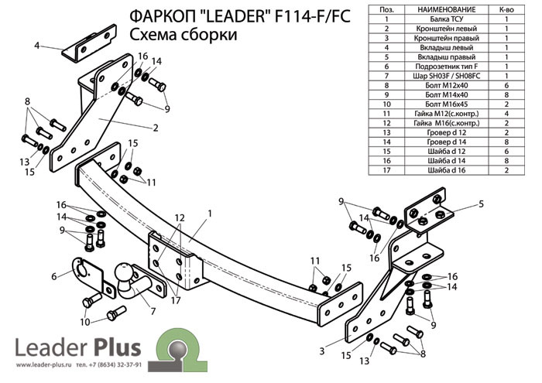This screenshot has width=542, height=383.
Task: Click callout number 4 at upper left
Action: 36,46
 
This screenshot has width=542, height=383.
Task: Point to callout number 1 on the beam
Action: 209,213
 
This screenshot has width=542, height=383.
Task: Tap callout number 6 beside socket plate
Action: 54,275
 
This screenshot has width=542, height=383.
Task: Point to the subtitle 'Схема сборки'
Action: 183,35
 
